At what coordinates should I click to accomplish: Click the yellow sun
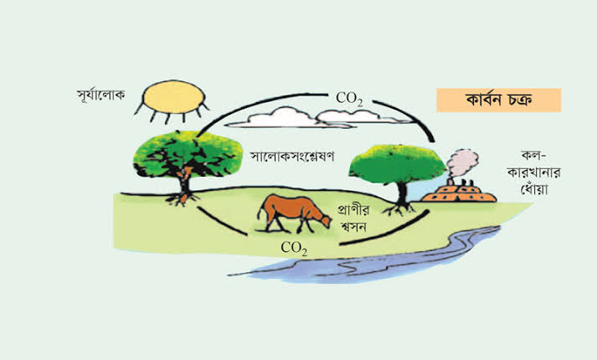[x=173, y=97]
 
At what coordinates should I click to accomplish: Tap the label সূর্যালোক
[x=100, y=95]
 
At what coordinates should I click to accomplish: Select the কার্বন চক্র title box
[x=498, y=100]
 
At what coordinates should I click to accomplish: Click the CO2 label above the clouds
[x=349, y=99]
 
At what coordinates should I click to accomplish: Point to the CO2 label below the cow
[x=294, y=248]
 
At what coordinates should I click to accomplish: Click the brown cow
[x=294, y=213]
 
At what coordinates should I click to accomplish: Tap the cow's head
[x=325, y=221]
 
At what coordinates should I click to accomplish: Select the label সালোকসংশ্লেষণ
[x=292, y=157]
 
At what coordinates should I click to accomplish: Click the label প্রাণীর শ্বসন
[x=353, y=218]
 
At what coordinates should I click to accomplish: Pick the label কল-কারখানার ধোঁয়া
[x=534, y=172]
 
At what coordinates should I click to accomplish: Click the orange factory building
[x=459, y=192]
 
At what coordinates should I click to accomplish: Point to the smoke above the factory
[x=462, y=162]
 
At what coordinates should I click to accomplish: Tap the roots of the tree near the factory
[x=399, y=208]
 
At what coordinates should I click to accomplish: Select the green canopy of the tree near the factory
[x=397, y=164]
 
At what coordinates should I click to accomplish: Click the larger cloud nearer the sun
[x=281, y=117]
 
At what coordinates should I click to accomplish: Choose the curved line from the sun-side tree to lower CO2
[x=220, y=222]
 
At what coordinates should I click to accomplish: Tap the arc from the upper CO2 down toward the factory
[x=411, y=116]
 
